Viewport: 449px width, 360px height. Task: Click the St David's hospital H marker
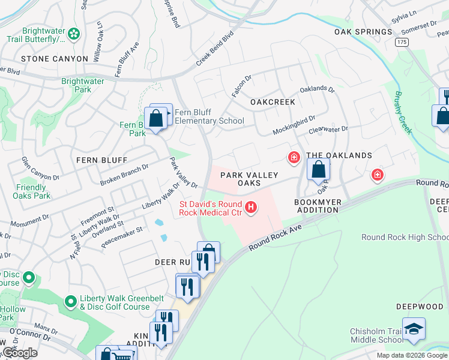point(251,208)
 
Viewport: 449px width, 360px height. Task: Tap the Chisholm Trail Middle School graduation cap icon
point(414,329)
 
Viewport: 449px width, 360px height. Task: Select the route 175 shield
point(402,42)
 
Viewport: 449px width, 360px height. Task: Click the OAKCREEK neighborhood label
point(273,102)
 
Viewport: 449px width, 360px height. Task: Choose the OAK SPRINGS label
point(363,32)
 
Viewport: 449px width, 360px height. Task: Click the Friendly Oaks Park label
point(31,191)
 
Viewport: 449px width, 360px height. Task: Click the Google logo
point(20,353)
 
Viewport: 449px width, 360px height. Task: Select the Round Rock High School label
point(404,237)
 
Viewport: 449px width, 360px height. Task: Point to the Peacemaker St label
point(122,234)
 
